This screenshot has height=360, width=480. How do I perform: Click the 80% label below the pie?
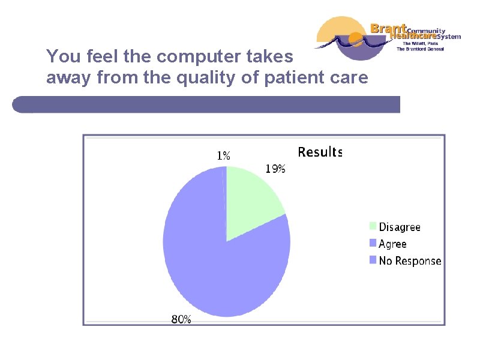[x=181, y=320]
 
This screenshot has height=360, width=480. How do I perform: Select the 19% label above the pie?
[x=275, y=169]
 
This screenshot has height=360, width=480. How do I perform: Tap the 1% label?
[x=223, y=155]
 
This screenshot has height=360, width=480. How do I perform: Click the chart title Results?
[x=320, y=152]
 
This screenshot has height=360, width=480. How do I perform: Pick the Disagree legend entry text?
[x=400, y=227]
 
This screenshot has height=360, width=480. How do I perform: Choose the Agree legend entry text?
[x=392, y=244]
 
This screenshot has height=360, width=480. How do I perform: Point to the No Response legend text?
[x=410, y=261]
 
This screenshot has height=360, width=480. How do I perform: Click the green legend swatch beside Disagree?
[x=373, y=227]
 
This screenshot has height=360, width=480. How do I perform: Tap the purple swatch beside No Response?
[x=373, y=261]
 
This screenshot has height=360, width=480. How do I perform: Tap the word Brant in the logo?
[x=388, y=28]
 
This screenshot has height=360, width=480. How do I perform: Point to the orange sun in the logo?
[x=356, y=40]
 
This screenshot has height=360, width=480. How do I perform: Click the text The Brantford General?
[x=419, y=49]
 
